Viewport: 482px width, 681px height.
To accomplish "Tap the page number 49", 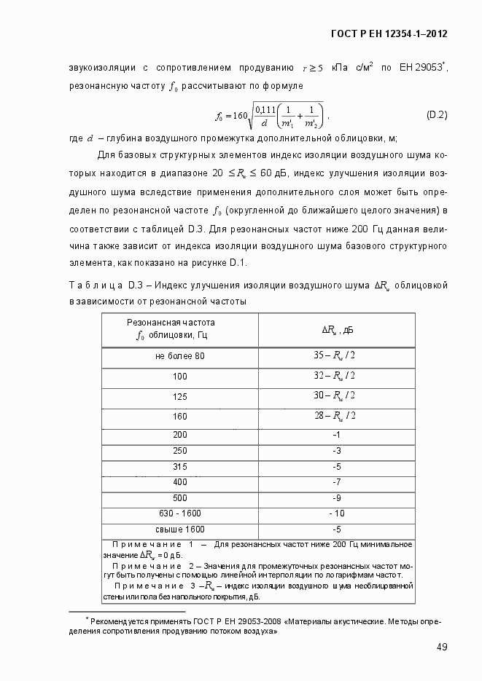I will tap(441, 647).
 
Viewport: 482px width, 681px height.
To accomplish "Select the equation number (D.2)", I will tap(436, 115).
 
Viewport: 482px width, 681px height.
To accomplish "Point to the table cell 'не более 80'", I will tap(180, 355).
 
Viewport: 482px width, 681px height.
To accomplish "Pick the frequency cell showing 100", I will tap(180, 376).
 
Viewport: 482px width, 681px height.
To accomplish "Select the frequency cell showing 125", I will tap(180, 396).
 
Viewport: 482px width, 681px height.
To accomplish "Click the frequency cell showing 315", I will tap(180, 466).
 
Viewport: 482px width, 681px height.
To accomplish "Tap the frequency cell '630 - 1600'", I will tap(180, 514).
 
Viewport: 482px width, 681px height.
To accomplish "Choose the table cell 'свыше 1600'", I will tap(180, 530).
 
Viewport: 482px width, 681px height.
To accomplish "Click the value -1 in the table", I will tap(337, 434).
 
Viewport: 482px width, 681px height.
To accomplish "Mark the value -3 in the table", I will tap(337, 450).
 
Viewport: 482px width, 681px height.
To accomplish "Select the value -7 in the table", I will tap(337, 482).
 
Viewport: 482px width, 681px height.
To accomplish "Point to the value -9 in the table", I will tap(337, 498).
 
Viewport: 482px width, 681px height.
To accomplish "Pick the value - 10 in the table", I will tap(337, 514).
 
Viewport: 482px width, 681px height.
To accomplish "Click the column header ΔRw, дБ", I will tap(337, 330).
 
